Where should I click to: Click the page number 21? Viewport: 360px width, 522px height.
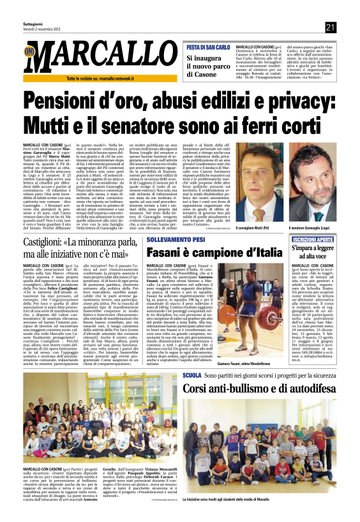coord(330,27)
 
